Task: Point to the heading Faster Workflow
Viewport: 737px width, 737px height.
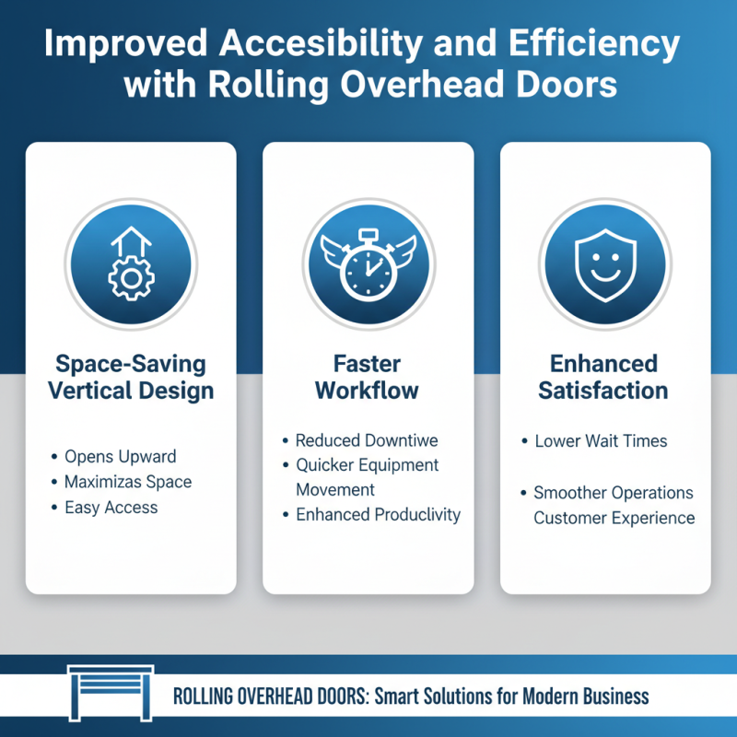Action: pyautogui.click(x=368, y=376)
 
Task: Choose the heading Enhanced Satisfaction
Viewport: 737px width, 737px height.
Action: pyautogui.click(x=603, y=376)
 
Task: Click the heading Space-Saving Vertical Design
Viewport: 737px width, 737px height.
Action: pyautogui.click(x=131, y=376)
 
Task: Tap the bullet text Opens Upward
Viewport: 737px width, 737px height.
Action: pyautogui.click(x=120, y=456)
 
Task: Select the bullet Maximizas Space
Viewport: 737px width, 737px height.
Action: pyautogui.click(x=128, y=482)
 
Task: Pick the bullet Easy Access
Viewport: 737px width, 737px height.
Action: pyautogui.click(x=111, y=508)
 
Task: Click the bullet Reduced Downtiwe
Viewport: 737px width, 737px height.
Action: pyautogui.click(x=367, y=440)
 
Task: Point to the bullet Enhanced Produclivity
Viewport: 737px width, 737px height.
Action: pyautogui.click(x=378, y=515)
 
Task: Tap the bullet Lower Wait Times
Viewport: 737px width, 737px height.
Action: pyautogui.click(x=601, y=441)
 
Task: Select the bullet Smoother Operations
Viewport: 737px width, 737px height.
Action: pyautogui.click(x=614, y=493)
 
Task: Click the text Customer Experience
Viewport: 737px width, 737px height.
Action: pyautogui.click(x=614, y=518)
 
